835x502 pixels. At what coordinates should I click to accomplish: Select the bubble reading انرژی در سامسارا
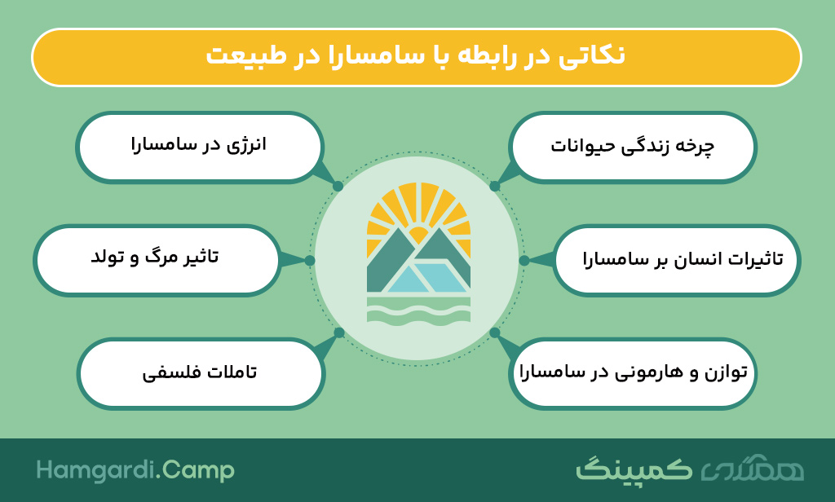coord(199,147)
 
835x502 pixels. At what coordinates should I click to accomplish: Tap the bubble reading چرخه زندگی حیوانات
coord(632,147)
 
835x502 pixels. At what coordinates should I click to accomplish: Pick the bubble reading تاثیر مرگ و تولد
coord(157,260)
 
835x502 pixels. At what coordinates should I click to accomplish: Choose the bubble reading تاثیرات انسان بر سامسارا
coord(676,260)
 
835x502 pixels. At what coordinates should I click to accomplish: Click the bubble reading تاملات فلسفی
coord(201,373)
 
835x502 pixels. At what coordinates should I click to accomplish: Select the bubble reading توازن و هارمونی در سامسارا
coord(633,373)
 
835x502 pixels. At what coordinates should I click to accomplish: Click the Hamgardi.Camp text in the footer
coord(135,470)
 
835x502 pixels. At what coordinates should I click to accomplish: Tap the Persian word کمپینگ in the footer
coord(634,469)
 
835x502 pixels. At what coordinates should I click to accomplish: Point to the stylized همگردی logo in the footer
coord(753,469)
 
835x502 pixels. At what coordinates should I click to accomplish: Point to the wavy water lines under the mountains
coord(418,310)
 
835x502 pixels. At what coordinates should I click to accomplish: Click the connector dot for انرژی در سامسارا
coord(338,187)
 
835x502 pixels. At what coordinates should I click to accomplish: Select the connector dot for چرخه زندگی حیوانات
coord(495,187)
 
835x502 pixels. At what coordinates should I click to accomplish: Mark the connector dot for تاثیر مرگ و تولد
coord(310,260)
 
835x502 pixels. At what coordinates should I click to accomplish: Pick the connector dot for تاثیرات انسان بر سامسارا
coord(524,260)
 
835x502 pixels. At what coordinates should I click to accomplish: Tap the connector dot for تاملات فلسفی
coord(339,333)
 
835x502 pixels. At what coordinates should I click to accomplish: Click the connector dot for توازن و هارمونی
coord(495,332)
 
